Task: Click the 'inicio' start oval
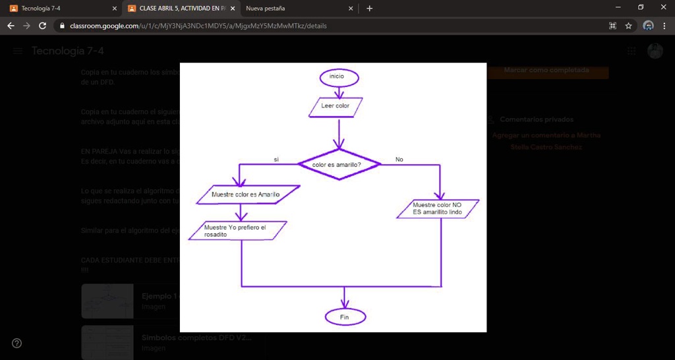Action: pos(336,76)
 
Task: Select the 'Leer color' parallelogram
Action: pos(336,105)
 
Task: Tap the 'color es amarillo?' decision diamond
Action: pos(337,164)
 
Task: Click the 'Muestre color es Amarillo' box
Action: pos(246,195)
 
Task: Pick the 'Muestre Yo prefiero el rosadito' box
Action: pos(235,231)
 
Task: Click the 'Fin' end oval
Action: pos(344,317)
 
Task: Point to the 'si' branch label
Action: pos(276,160)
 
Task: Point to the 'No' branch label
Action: pos(399,160)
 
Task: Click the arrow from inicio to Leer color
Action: pos(336,91)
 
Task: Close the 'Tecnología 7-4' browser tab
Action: pos(115,9)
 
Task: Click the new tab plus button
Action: pos(369,9)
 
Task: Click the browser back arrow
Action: pos(11,26)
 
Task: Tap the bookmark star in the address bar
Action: pos(629,26)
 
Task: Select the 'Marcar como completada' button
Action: pos(546,70)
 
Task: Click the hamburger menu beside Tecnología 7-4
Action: pos(18,51)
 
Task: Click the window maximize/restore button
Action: pos(641,7)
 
